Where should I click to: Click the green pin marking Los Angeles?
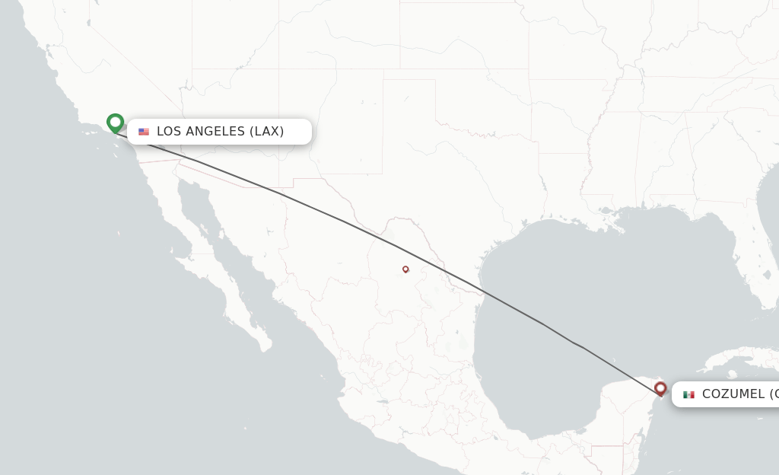[115, 123]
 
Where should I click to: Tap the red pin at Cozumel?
[660, 389]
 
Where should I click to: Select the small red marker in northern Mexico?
[405, 269]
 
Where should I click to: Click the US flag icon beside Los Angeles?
[144, 132]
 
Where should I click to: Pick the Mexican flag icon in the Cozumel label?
[688, 394]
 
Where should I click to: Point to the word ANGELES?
[216, 132]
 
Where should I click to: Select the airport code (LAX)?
[267, 132]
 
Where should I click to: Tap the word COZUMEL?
[733, 394]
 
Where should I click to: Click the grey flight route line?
[342, 221]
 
